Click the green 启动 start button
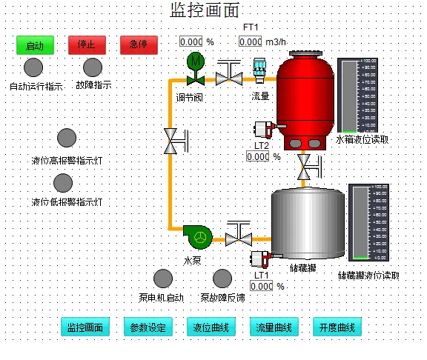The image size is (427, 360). click(x=35, y=45)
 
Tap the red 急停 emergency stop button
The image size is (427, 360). click(x=139, y=44)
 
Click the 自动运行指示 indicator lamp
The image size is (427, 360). click(x=33, y=67)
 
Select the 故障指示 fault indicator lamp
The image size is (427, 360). click(x=93, y=67)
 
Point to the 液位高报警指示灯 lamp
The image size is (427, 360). click(x=67, y=139)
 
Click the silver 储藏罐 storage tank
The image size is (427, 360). click(x=308, y=223)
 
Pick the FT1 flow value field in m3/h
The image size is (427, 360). click(x=250, y=42)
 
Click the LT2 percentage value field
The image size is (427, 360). click(x=257, y=157)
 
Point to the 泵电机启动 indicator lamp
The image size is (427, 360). click(x=162, y=279)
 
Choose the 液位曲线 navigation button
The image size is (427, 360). click(x=211, y=327)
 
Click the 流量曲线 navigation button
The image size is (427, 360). click(x=274, y=327)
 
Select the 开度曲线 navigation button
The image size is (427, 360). click(x=337, y=327)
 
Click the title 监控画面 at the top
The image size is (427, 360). click(x=206, y=10)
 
